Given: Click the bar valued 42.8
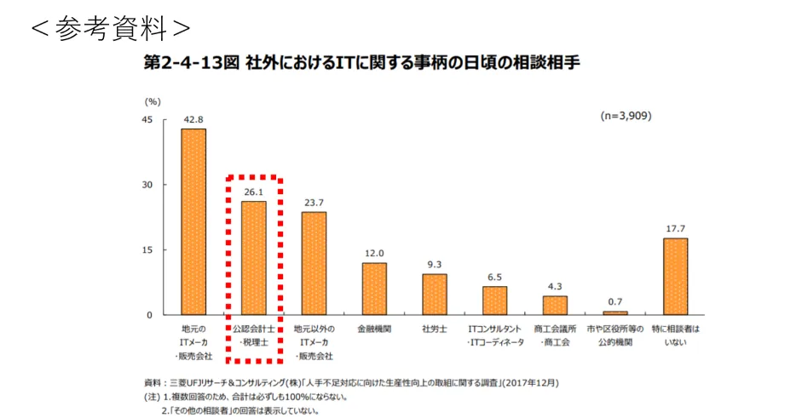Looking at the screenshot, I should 193,221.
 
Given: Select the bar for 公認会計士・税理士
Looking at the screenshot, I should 254,258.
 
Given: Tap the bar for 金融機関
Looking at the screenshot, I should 374,289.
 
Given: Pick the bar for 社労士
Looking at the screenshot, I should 435,294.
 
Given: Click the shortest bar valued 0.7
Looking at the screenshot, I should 615,312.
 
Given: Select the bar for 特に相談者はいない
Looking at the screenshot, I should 675,276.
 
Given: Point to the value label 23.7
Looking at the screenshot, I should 314,203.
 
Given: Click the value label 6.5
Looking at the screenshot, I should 494,278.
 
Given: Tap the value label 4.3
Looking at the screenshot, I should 555,287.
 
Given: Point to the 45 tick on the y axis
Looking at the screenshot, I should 147,120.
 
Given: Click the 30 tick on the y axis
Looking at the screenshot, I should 147,185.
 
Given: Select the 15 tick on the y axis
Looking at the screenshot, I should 147,250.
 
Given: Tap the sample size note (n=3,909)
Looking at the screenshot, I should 625,116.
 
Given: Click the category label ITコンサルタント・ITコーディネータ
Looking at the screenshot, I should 494,335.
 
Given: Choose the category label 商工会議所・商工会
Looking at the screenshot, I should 555,335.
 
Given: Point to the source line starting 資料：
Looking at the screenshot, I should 350,382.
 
